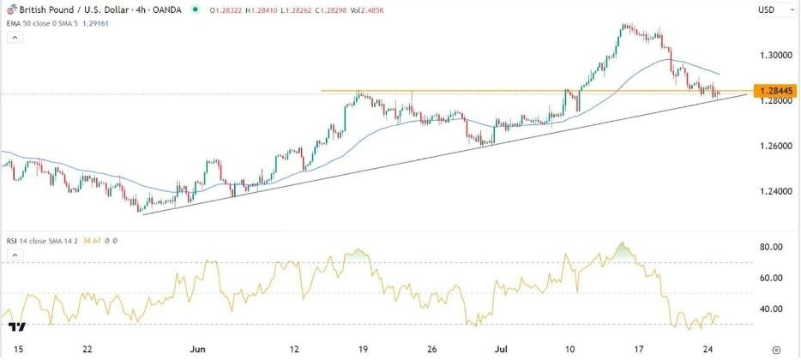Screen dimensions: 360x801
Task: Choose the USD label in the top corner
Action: click(768, 10)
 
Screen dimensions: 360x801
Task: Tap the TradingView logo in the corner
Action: click(16, 326)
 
